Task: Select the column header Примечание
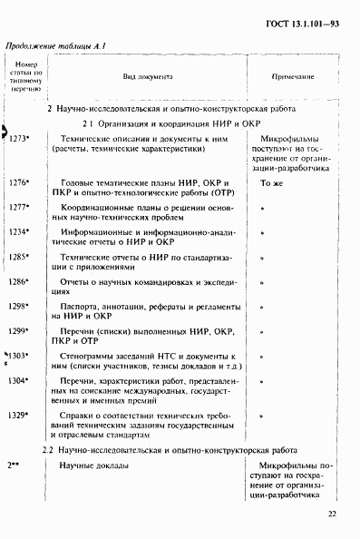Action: click(293, 79)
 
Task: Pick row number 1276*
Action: click(19, 182)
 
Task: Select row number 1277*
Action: click(19, 207)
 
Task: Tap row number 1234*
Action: click(19, 231)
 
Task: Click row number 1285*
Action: click(19, 257)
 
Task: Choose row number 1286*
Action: click(19, 281)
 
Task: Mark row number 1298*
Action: click(19, 306)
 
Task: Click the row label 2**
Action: click(15, 465)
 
